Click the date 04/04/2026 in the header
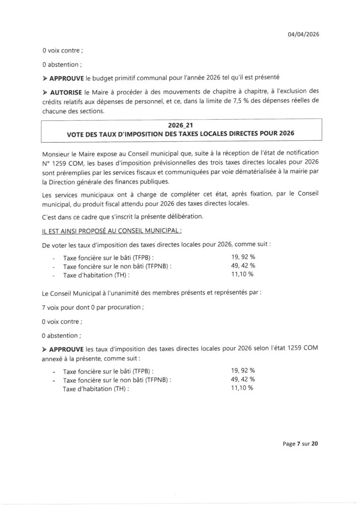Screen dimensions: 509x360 (x=303, y=34)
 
